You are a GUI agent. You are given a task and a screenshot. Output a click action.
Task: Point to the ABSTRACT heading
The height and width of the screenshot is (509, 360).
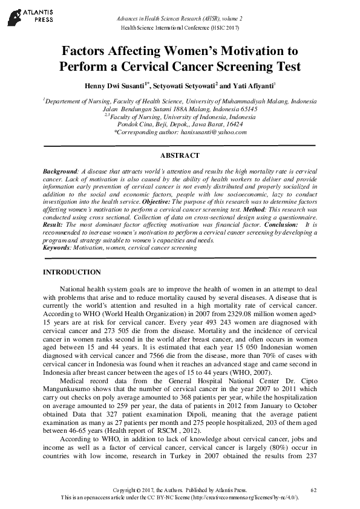180,155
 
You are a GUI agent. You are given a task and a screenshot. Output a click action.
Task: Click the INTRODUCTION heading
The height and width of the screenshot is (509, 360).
71,273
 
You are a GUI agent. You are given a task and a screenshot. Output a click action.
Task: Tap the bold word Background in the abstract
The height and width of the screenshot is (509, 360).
60,172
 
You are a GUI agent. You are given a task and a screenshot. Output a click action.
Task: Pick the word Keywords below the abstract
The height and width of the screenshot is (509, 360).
57,247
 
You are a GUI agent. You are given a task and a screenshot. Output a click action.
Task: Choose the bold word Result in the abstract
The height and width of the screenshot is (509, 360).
53,225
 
